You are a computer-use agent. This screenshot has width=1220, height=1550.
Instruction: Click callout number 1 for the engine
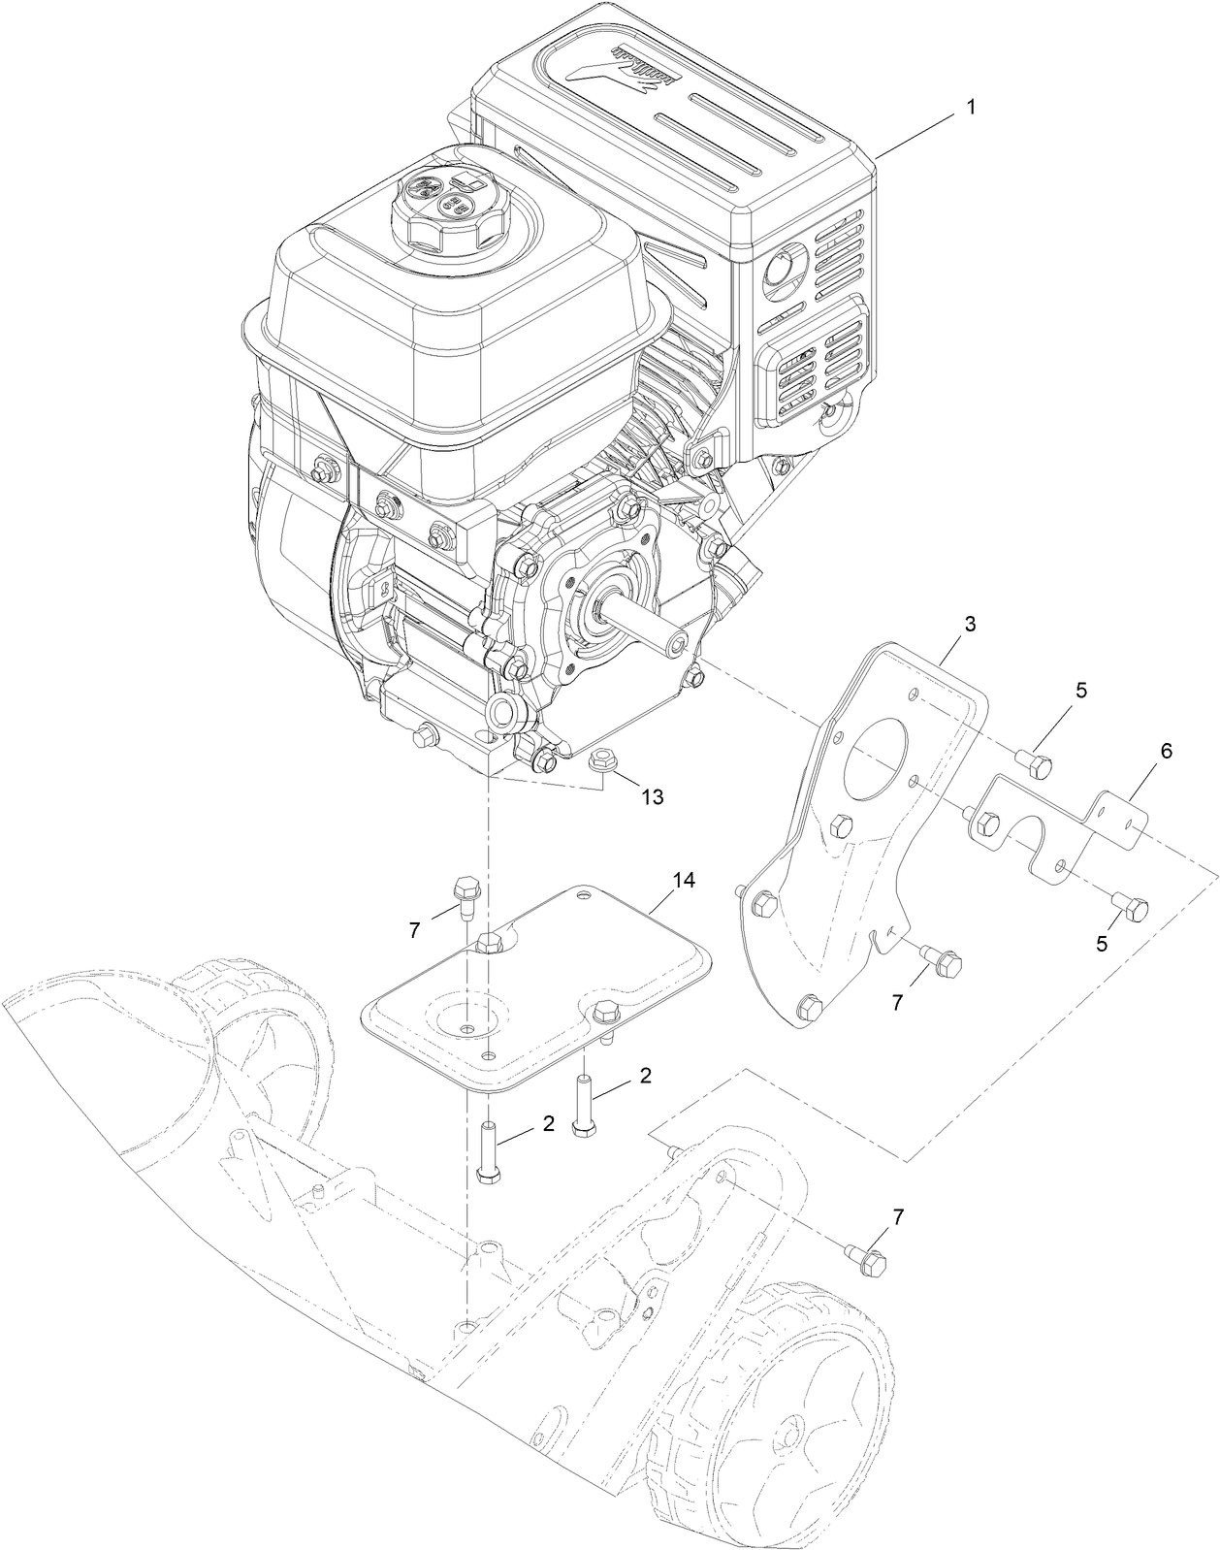tap(966, 109)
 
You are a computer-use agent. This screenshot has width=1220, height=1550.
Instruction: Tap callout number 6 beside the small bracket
tap(1139, 750)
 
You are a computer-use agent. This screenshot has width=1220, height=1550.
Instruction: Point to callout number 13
tap(652, 796)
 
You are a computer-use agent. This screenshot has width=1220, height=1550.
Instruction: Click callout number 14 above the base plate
tap(685, 880)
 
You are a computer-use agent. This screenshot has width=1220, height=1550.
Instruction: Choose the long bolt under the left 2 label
tap(487, 1152)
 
